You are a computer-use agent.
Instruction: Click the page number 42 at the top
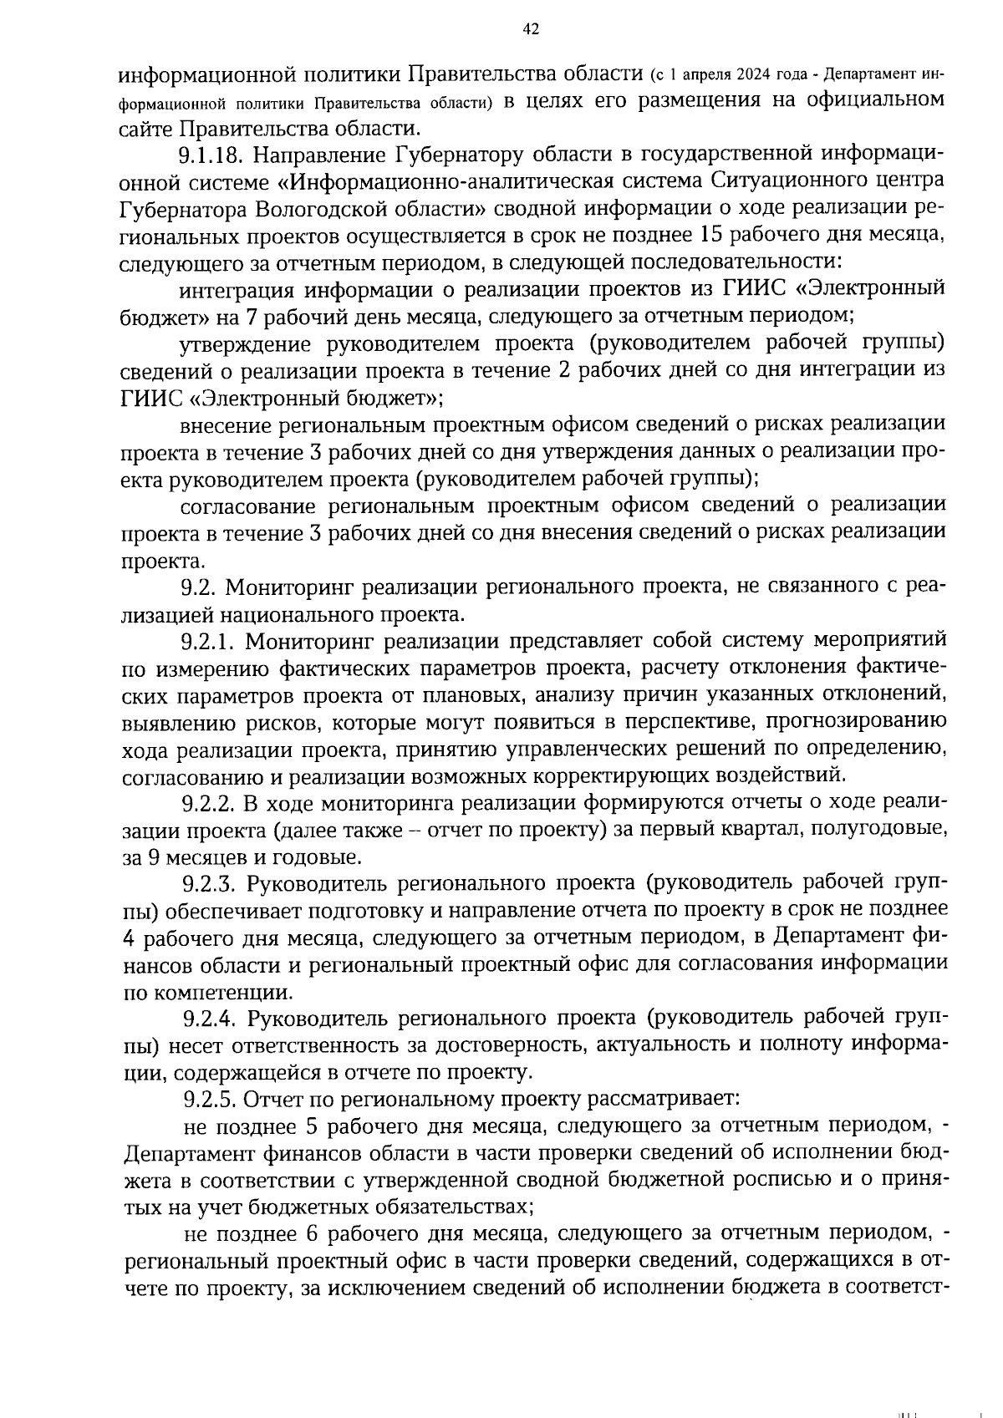tap(530, 29)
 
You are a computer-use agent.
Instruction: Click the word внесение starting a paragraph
tap(224, 424)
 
